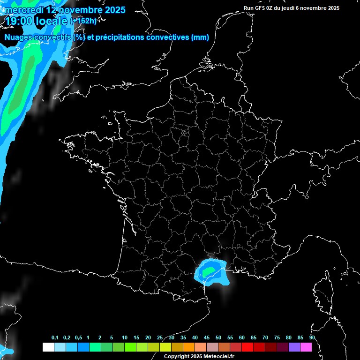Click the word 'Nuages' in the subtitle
pos(18,37)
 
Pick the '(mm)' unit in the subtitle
pos(200,37)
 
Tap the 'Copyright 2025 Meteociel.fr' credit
pos(199,356)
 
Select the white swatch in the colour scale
pos(48,347)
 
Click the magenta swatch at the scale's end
pos(306,347)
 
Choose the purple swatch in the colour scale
pos(294,347)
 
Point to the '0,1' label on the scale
pos(55,338)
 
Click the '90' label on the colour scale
pos(312,338)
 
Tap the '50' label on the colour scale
pos(218,338)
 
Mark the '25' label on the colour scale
pos(160,338)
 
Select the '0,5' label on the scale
pos(78,338)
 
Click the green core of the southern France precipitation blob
pos(209,271)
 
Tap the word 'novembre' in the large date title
pos(75,9)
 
